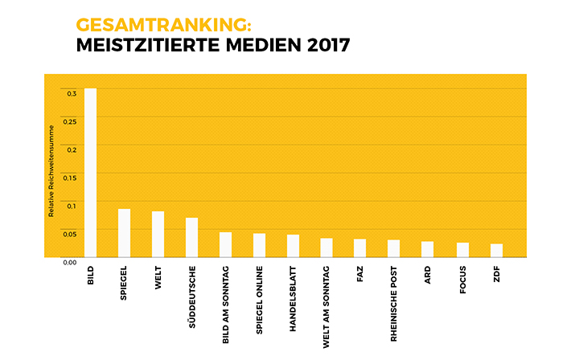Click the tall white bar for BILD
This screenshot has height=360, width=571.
click(90, 172)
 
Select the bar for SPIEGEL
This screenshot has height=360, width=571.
click(124, 232)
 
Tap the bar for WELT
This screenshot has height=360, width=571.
click(158, 234)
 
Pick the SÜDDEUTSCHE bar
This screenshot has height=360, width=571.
click(191, 237)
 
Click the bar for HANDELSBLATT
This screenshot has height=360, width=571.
click(293, 245)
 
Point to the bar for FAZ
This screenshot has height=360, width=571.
click(359, 247)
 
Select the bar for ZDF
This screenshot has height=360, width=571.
click(496, 250)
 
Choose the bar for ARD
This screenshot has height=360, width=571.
click(427, 249)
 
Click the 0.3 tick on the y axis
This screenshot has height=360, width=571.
click(72, 94)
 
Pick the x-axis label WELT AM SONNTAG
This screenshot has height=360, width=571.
click(327, 305)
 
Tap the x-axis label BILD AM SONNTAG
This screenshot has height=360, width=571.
click(225, 305)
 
